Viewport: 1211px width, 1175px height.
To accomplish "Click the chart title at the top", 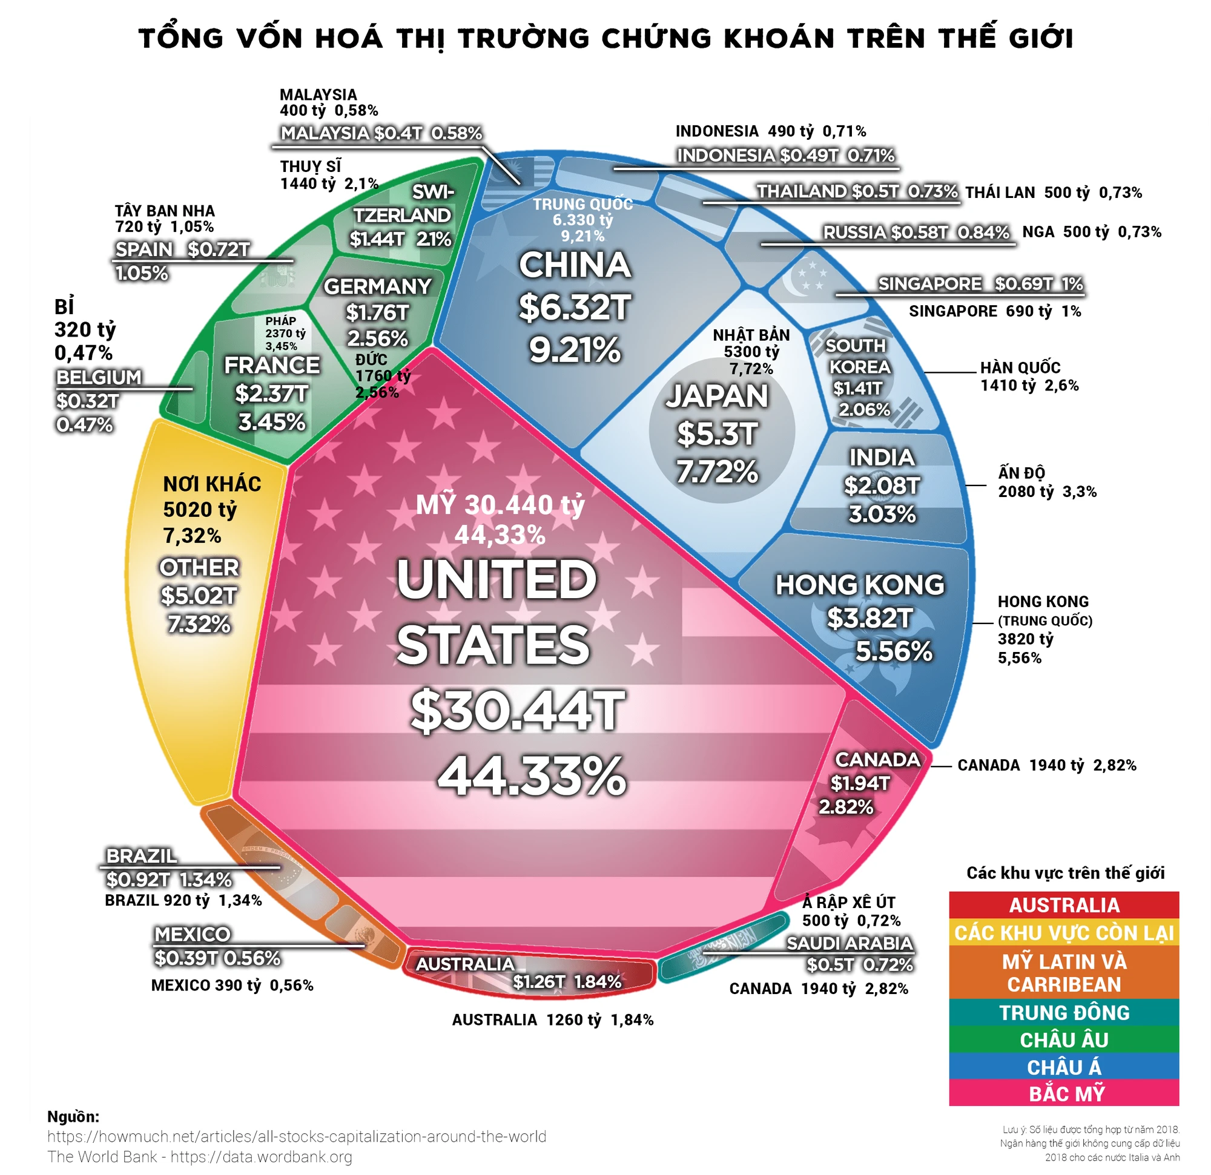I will point(605,38).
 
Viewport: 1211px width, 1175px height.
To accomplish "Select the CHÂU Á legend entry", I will point(1063,1066).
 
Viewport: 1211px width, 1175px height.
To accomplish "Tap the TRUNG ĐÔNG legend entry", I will point(1063,1012).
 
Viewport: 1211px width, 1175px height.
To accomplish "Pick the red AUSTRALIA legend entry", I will point(1063,905).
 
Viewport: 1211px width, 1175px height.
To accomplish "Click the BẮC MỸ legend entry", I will point(1063,1093).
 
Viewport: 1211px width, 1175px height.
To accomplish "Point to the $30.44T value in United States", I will point(517,711).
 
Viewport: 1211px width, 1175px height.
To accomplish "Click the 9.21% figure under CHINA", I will point(575,350).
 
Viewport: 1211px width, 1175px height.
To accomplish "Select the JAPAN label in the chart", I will point(717,396).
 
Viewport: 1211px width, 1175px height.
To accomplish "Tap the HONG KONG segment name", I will point(859,584).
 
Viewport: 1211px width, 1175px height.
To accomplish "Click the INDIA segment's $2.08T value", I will point(882,485).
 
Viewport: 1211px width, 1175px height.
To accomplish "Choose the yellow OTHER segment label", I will point(199,567).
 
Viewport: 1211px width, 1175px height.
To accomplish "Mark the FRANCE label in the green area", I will point(271,365).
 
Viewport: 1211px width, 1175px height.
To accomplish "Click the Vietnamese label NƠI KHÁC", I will point(212,484).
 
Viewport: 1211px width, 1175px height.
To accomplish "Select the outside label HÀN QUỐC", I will point(1020,367).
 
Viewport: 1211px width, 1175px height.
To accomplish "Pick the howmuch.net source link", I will point(297,1136).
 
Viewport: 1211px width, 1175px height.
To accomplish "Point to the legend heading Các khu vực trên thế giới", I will point(1064,873).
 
